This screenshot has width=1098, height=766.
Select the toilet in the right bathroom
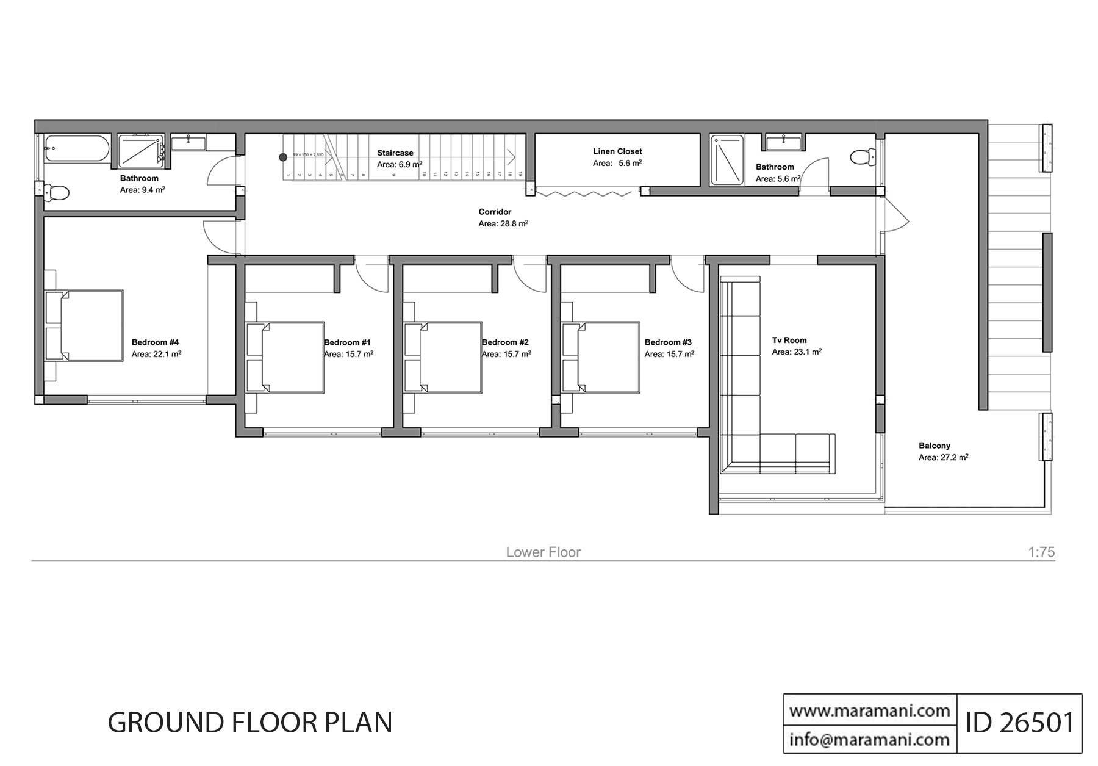click(860, 157)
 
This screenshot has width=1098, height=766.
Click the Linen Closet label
click(617, 151)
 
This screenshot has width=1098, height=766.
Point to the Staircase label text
click(395, 153)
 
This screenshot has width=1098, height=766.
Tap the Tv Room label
click(789, 341)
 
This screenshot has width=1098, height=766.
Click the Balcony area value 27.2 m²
click(944, 457)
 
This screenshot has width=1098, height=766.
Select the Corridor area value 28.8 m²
click(503, 224)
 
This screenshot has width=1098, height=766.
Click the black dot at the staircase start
click(283, 157)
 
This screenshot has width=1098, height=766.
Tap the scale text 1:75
click(1041, 552)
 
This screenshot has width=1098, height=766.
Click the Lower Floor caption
click(543, 552)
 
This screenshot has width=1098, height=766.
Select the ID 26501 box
click(1019, 723)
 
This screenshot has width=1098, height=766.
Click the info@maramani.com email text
click(869, 740)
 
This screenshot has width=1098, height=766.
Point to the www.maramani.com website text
click(869, 710)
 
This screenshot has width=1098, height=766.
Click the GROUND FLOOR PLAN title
click(249, 723)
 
